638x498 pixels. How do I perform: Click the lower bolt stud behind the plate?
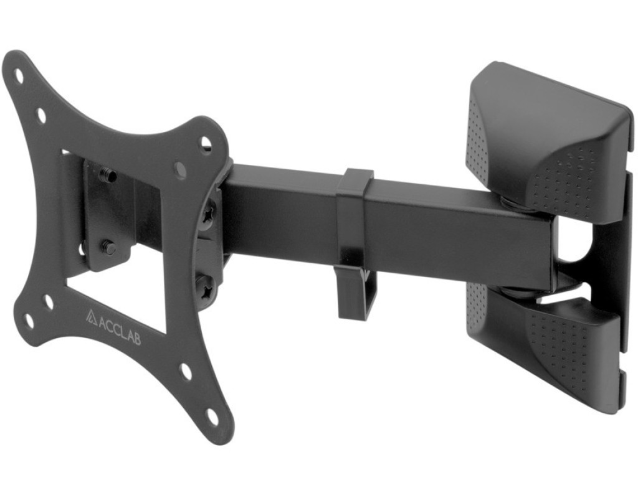pyautogui.click(x=108, y=246)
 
